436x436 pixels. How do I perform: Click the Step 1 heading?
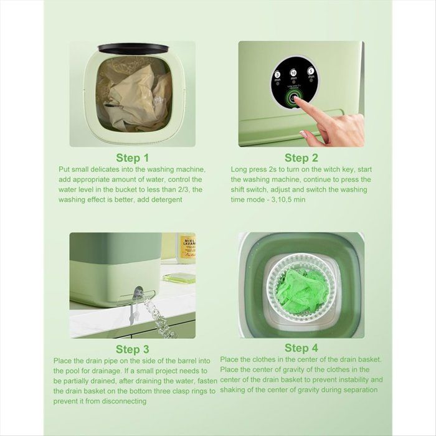click(133, 158)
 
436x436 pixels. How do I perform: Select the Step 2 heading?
click(301, 158)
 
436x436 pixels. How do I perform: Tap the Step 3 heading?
click(133, 349)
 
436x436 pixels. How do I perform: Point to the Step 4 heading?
click(301, 348)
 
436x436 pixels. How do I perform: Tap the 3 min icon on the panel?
click(277, 75)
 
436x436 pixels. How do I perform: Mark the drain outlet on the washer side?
click(140, 293)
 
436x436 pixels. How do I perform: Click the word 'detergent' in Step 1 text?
click(164, 199)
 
